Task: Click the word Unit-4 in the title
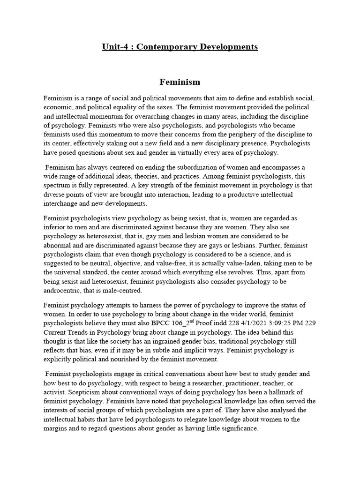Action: pos(115,47)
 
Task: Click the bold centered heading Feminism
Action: pos(180,82)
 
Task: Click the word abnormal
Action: pos(59,246)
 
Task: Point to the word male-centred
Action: pos(127,291)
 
